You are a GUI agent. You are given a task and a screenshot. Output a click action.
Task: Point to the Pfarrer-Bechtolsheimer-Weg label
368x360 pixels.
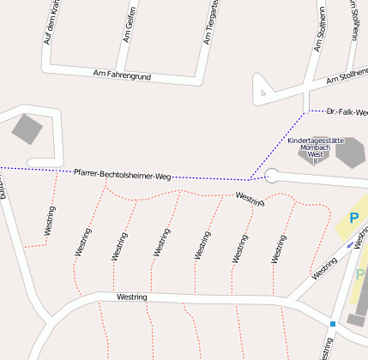pos(122,174)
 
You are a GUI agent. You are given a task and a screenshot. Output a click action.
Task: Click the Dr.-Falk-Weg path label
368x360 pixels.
pos(347,111)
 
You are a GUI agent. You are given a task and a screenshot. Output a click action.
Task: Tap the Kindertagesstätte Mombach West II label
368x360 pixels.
pos(315,149)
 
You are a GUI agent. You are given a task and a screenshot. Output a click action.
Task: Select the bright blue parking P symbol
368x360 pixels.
pos(353,219)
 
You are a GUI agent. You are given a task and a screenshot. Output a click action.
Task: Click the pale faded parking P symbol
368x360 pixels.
pos(360,274)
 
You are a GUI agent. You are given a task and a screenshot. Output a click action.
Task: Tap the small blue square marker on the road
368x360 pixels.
pos(332,323)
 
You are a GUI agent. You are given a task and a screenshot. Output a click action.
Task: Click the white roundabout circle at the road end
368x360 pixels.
pos(272,177)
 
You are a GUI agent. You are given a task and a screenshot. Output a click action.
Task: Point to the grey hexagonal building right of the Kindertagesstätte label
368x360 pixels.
pos(350,152)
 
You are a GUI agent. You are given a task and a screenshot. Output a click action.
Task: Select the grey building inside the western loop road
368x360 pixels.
pos(27,129)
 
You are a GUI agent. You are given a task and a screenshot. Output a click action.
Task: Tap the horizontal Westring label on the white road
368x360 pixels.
pos(132,297)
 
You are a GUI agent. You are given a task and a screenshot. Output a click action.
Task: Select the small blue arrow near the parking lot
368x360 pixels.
pos(350,244)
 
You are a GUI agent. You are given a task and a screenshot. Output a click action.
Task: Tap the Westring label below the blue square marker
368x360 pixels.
pos(326,350)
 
